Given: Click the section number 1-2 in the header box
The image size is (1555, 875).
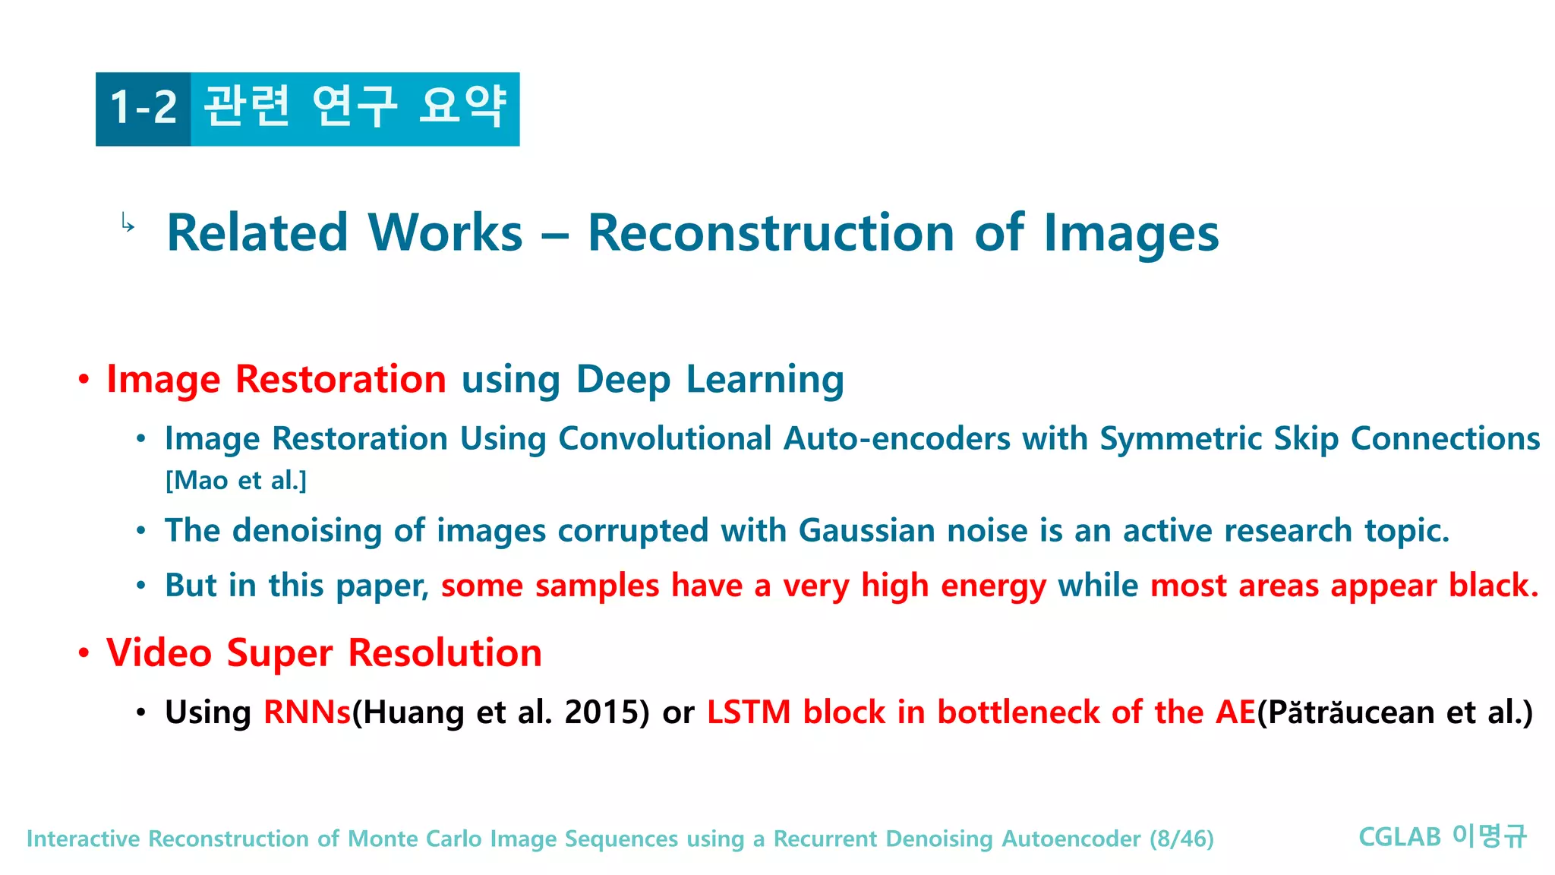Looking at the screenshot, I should (x=144, y=108).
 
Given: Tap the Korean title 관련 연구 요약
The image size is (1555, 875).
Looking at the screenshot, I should (x=355, y=106).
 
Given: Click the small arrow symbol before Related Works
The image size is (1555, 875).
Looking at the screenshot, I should (x=128, y=223).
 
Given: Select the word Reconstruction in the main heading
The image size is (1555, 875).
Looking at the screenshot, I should (x=771, y=232).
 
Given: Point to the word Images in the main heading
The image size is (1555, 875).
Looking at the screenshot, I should (x=1131, y=232).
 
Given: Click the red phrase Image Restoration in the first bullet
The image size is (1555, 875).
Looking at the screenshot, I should (x=276, y=379).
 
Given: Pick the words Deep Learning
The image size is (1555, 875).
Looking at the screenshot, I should (x=710, y=379).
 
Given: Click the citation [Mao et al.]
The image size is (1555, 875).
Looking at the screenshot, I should (x=236, y=481).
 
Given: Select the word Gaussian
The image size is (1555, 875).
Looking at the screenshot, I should (x=866, y=530).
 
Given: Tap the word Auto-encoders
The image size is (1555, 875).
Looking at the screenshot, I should (x=897, y=438).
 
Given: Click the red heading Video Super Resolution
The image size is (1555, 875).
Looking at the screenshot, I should (x=324, y=653).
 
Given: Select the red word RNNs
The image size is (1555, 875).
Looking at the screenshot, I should (x=307, y=712).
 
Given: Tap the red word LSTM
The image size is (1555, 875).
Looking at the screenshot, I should (x=749, y=712).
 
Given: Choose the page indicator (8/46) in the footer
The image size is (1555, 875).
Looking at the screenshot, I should (x=1181, y=839).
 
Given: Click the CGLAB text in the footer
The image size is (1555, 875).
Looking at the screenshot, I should (x=1399, y=837).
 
